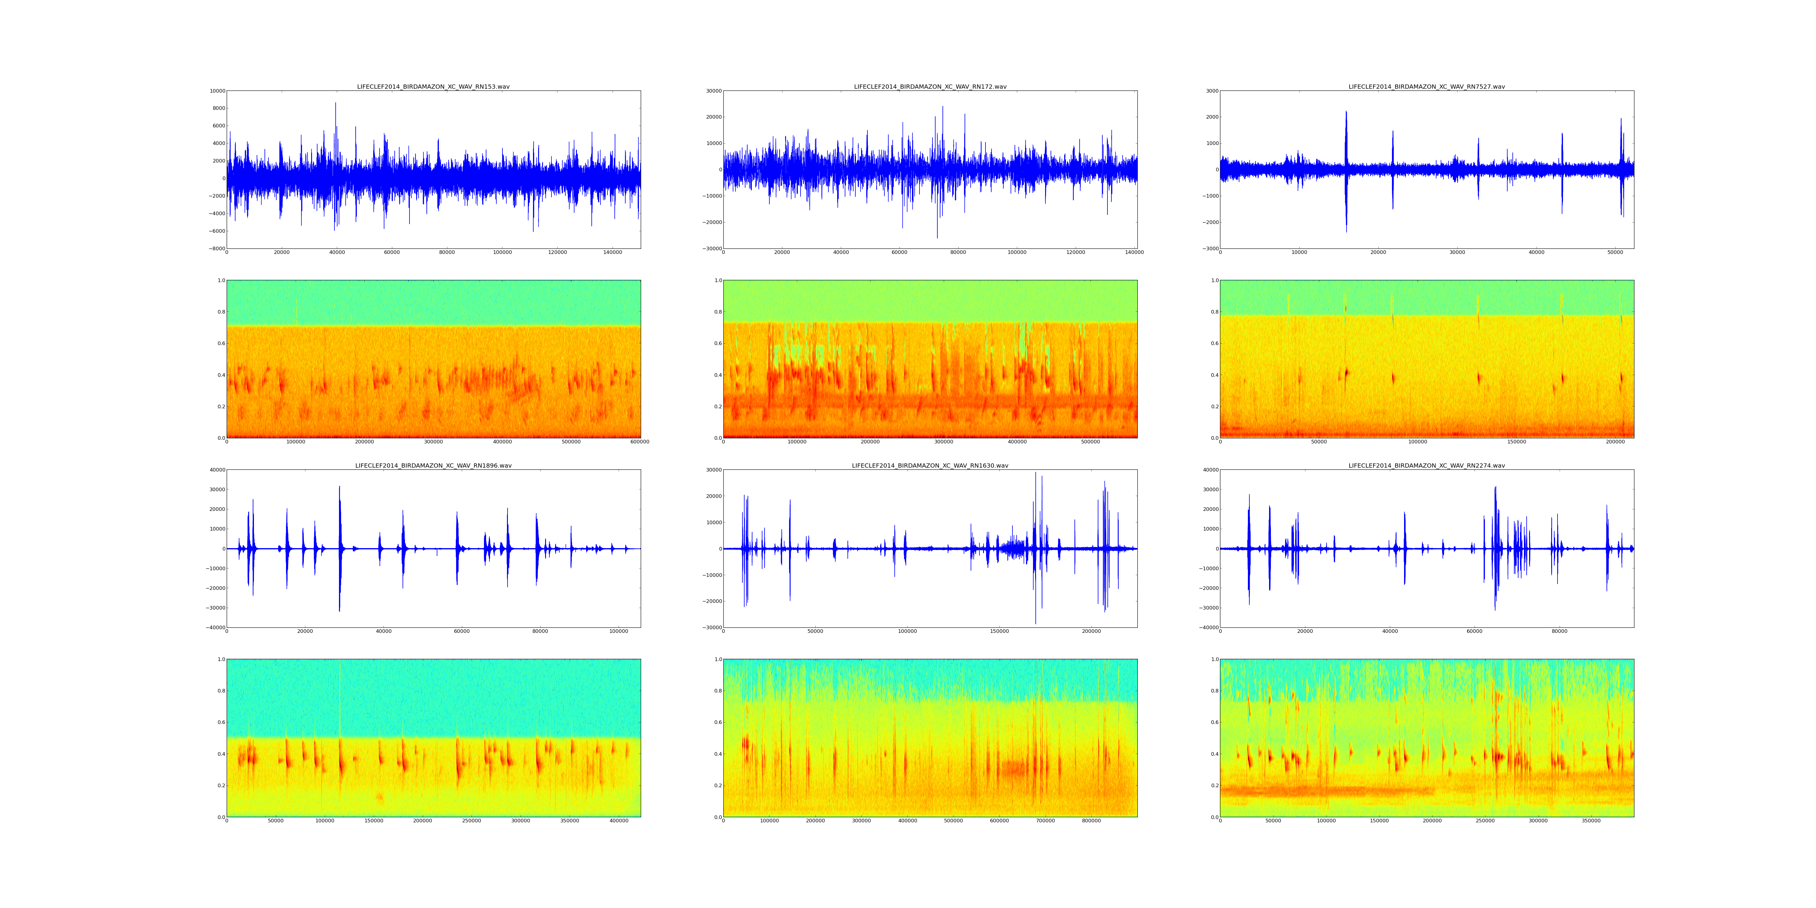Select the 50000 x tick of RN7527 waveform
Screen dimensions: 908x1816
(1615, 252)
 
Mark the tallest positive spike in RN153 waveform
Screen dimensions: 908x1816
(336, 104)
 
